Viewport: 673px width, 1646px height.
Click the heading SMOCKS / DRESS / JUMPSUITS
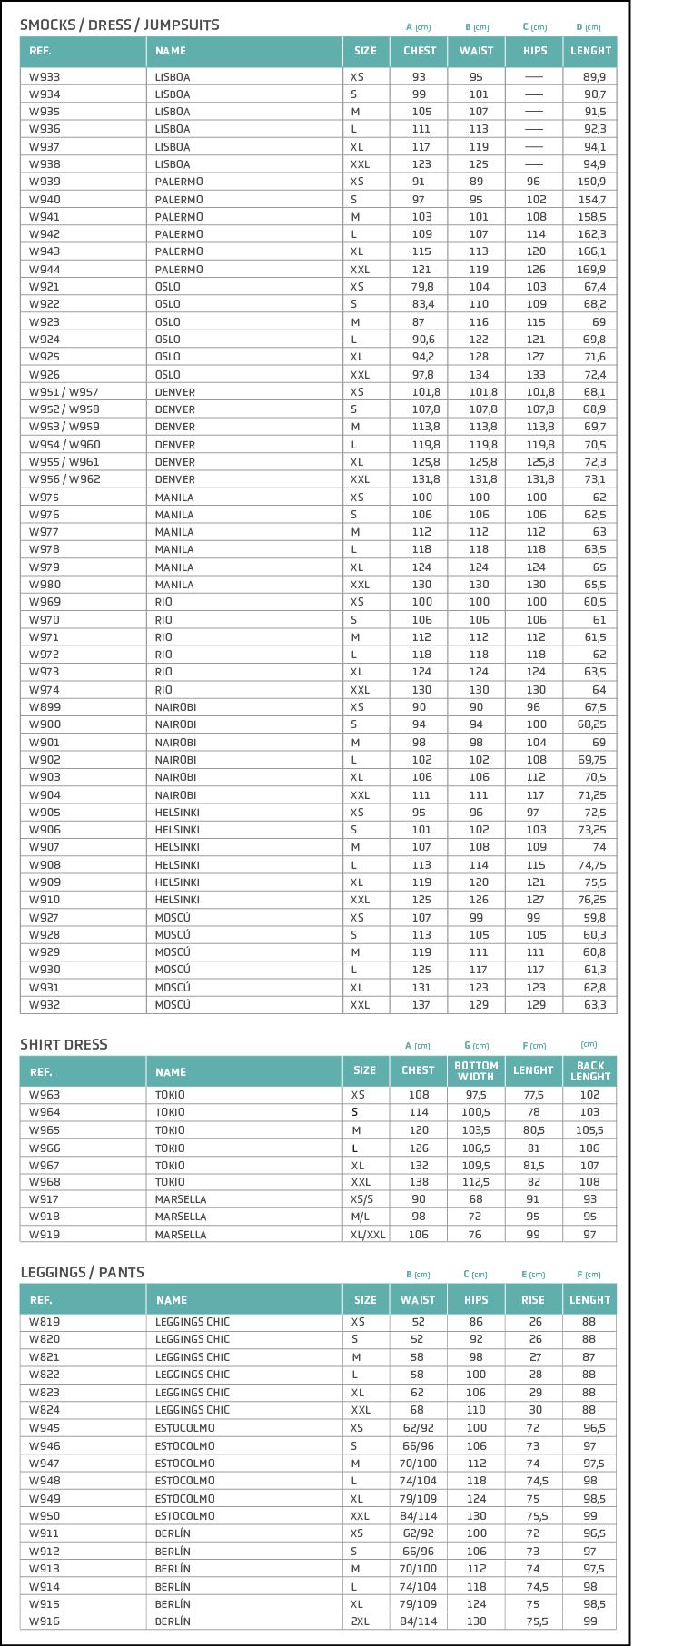pos(120,25)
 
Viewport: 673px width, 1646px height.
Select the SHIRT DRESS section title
pos(64,1044)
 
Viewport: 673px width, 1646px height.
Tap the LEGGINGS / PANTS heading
pos(82,1272)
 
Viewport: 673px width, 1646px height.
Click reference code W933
pos(45,77)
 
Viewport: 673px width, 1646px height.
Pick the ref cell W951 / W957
pos(64,392)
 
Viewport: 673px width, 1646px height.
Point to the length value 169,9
pos(590,270)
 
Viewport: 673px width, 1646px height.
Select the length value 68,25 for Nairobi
pos(590,724)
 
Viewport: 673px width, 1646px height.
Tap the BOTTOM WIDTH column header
pos(476,1071)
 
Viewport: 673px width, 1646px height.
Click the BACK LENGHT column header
pos(590,1071)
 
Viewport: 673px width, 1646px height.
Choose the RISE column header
pos(533,1300)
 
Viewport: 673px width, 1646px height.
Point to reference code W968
pos(45,1182)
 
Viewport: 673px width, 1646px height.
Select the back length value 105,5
pos(589,1130)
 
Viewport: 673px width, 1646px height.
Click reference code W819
pos(45,1322)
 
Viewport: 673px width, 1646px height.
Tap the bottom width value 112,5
pos(476,1182)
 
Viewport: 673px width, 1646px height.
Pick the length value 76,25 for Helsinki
pos(590,900)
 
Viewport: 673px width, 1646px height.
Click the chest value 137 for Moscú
pos(421,1005)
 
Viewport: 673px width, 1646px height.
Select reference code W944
pos(45,270)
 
